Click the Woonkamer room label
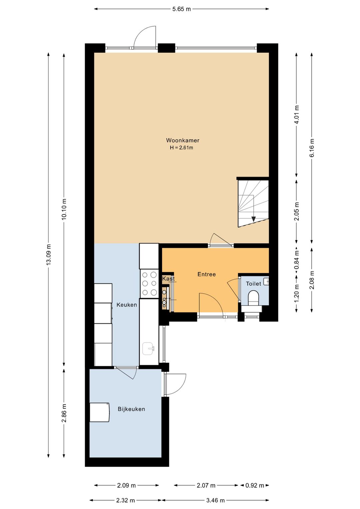[183, 140]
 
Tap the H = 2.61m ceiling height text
[181, 148]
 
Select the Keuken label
[127, 305]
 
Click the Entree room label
[206, 274]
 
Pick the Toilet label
[253, 284]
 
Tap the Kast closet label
[168, 279]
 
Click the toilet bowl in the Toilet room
[253, 298]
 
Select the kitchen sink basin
[149, 348]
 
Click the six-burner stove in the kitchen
[149, 284]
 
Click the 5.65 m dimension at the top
[181, 9]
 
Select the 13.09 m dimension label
[48, 255]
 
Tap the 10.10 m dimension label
[64, 209]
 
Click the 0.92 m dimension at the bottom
[254, 484]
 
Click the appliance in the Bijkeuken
[99, 412]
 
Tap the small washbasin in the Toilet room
[266, 282]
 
